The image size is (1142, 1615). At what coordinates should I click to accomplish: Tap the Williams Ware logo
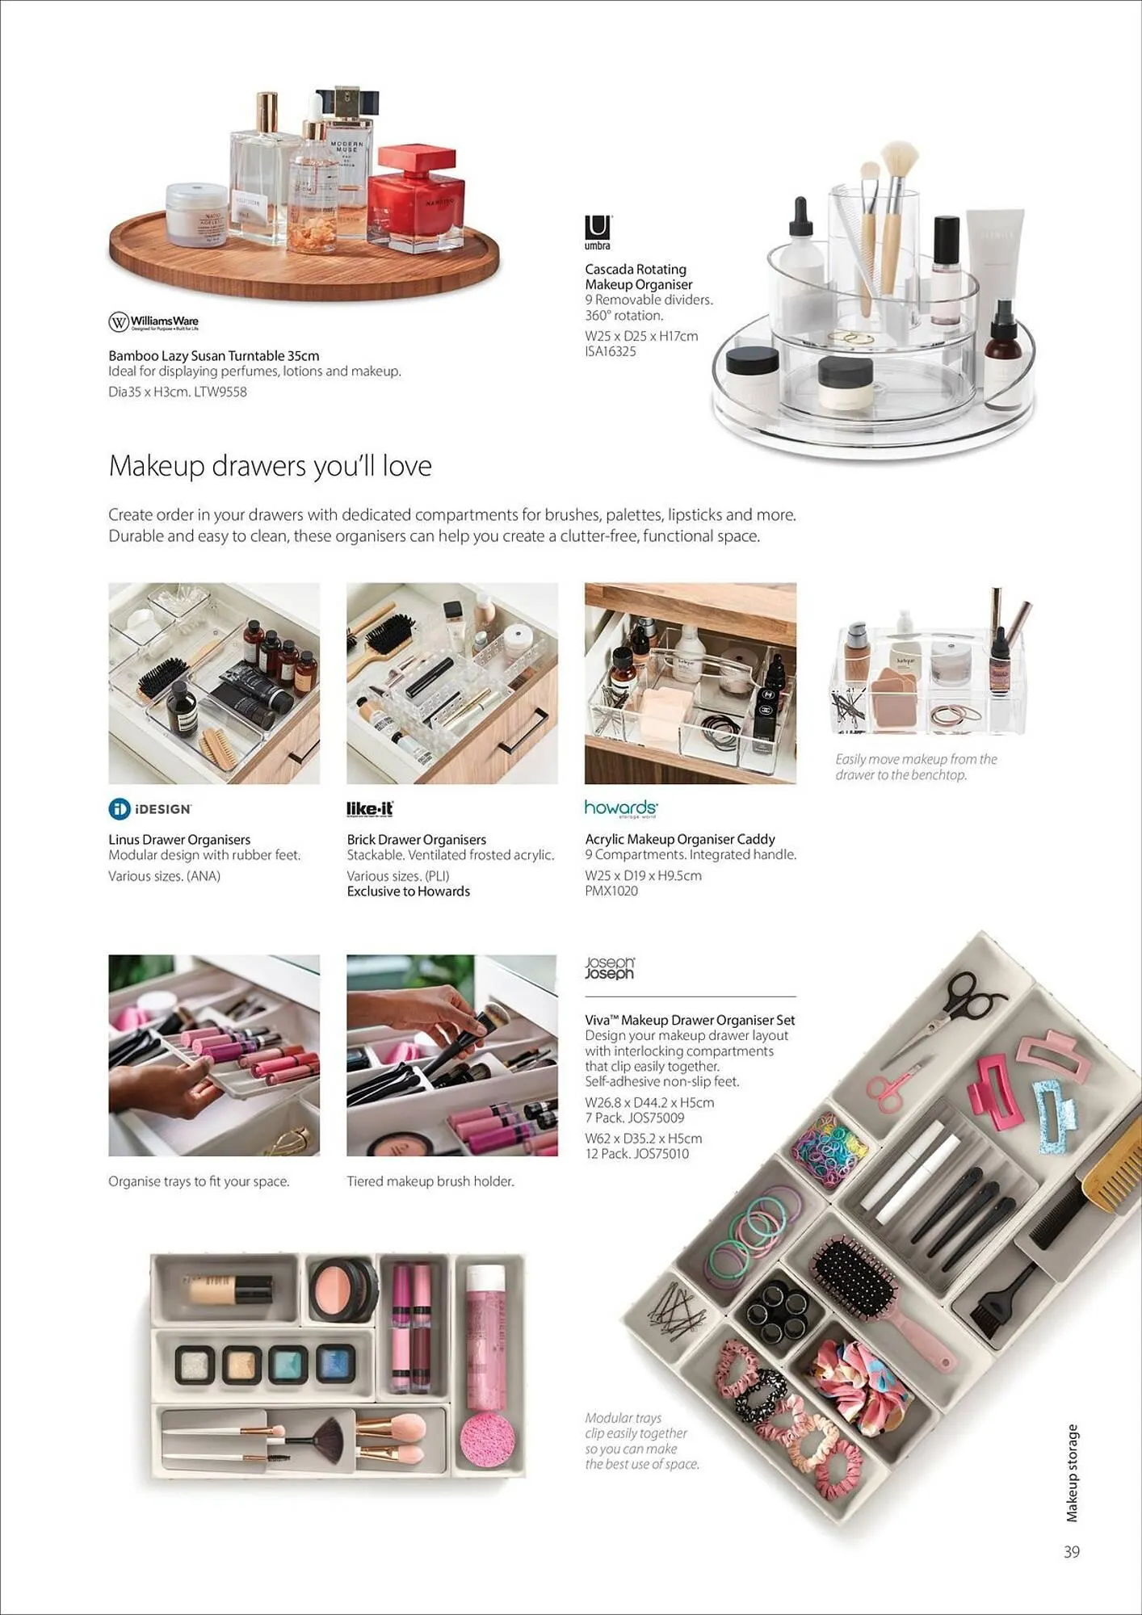[x=153, y=322]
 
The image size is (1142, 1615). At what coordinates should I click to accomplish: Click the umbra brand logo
[x=598, y=232]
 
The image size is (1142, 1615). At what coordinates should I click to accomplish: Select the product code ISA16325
[x=610, y=351]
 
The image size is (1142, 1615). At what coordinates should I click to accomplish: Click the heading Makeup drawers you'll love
[x=270, y=466]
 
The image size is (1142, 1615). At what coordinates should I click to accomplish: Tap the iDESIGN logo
[x=150, y=808]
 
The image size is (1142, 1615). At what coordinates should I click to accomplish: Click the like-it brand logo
[x=370, y=808]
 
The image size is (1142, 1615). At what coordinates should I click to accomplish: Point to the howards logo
[x=620, y=808]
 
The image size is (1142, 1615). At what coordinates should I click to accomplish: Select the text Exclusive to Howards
[x=408, y=891]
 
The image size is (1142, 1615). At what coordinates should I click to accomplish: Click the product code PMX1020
[x=611, y=891]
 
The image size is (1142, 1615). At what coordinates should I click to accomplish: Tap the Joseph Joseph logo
[x=609, y=967]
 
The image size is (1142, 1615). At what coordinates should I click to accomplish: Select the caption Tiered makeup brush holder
[x=430, y=1181]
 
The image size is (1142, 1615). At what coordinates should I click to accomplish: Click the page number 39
[x=1071, y=1552]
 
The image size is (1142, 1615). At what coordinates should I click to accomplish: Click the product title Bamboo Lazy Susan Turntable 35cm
[x=213, y=355]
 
